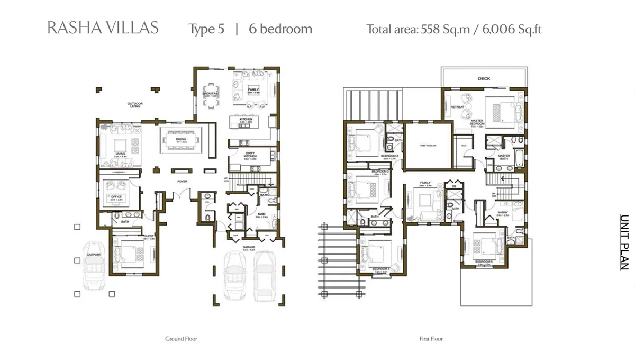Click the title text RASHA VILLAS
[103, 28]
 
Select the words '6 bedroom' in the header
[280, 29]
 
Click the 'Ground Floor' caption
[181, 339]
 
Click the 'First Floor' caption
[431, 339]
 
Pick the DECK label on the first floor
[484, 79]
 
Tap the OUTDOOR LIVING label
[135, 105]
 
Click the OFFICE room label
[116, 197]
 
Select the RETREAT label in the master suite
[457, 107]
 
